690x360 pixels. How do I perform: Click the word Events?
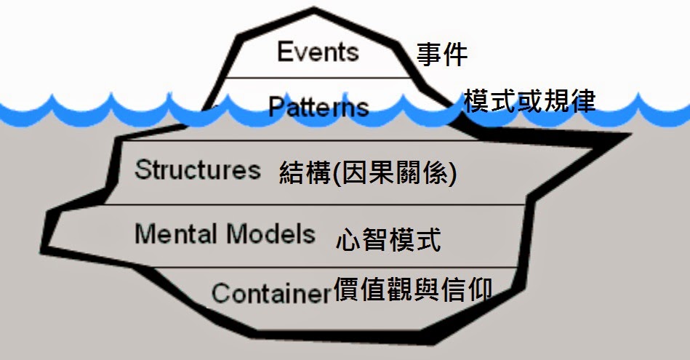click(x=318, y=52)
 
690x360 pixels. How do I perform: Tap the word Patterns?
click(x=318, y=108)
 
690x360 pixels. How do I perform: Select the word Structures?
click(x=197, y=169)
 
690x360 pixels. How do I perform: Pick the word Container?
click(x=271, y=293)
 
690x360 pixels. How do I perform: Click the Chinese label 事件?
click(x=441, y=55)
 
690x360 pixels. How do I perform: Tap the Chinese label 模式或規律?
click(x=529, y=101)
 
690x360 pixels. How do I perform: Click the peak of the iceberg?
click(x=314, y=10)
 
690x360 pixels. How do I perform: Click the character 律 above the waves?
click(x=583, y=101)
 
